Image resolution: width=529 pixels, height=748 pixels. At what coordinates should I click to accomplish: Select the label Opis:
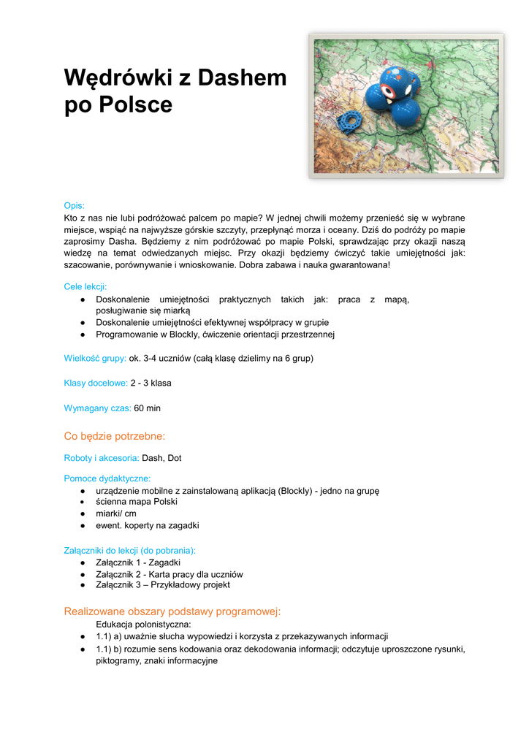(75, 206)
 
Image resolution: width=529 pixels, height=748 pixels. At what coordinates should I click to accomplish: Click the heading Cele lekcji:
(85, 287)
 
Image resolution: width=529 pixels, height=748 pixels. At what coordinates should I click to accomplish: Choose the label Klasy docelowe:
(96, 383)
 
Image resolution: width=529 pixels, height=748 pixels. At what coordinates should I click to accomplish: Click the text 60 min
(148, 408)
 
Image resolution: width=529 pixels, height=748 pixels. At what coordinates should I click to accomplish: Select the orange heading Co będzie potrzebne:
(115, 436)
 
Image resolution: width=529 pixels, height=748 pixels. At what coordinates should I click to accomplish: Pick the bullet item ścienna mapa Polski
(137, 502)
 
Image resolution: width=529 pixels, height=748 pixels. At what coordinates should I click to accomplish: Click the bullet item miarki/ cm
(116, 514)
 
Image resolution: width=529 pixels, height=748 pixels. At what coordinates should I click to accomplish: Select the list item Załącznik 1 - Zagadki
(138, 562)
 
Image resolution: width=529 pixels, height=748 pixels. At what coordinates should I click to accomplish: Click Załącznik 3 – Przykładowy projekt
(163, 584)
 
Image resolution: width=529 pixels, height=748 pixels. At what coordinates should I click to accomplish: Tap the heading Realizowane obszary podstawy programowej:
(172, 611)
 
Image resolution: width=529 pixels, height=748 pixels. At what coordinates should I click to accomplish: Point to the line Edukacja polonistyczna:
(143, 625)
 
